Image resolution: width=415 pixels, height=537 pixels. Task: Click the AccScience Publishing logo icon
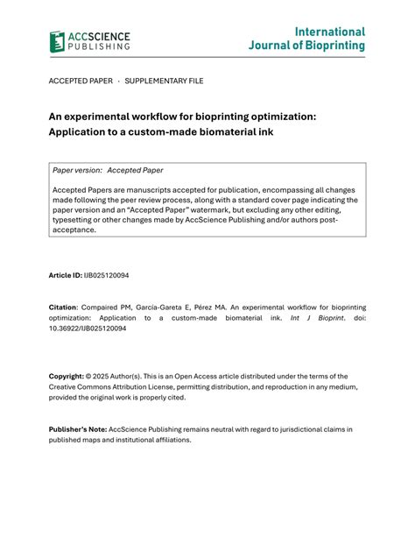point(58,41)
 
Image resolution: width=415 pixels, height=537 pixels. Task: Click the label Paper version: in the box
point(77,170)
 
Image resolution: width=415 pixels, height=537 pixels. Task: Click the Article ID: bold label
point(65,276)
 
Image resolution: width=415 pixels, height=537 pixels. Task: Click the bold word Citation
point(63,308)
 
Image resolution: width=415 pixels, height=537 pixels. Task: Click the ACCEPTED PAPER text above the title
point(81,81)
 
